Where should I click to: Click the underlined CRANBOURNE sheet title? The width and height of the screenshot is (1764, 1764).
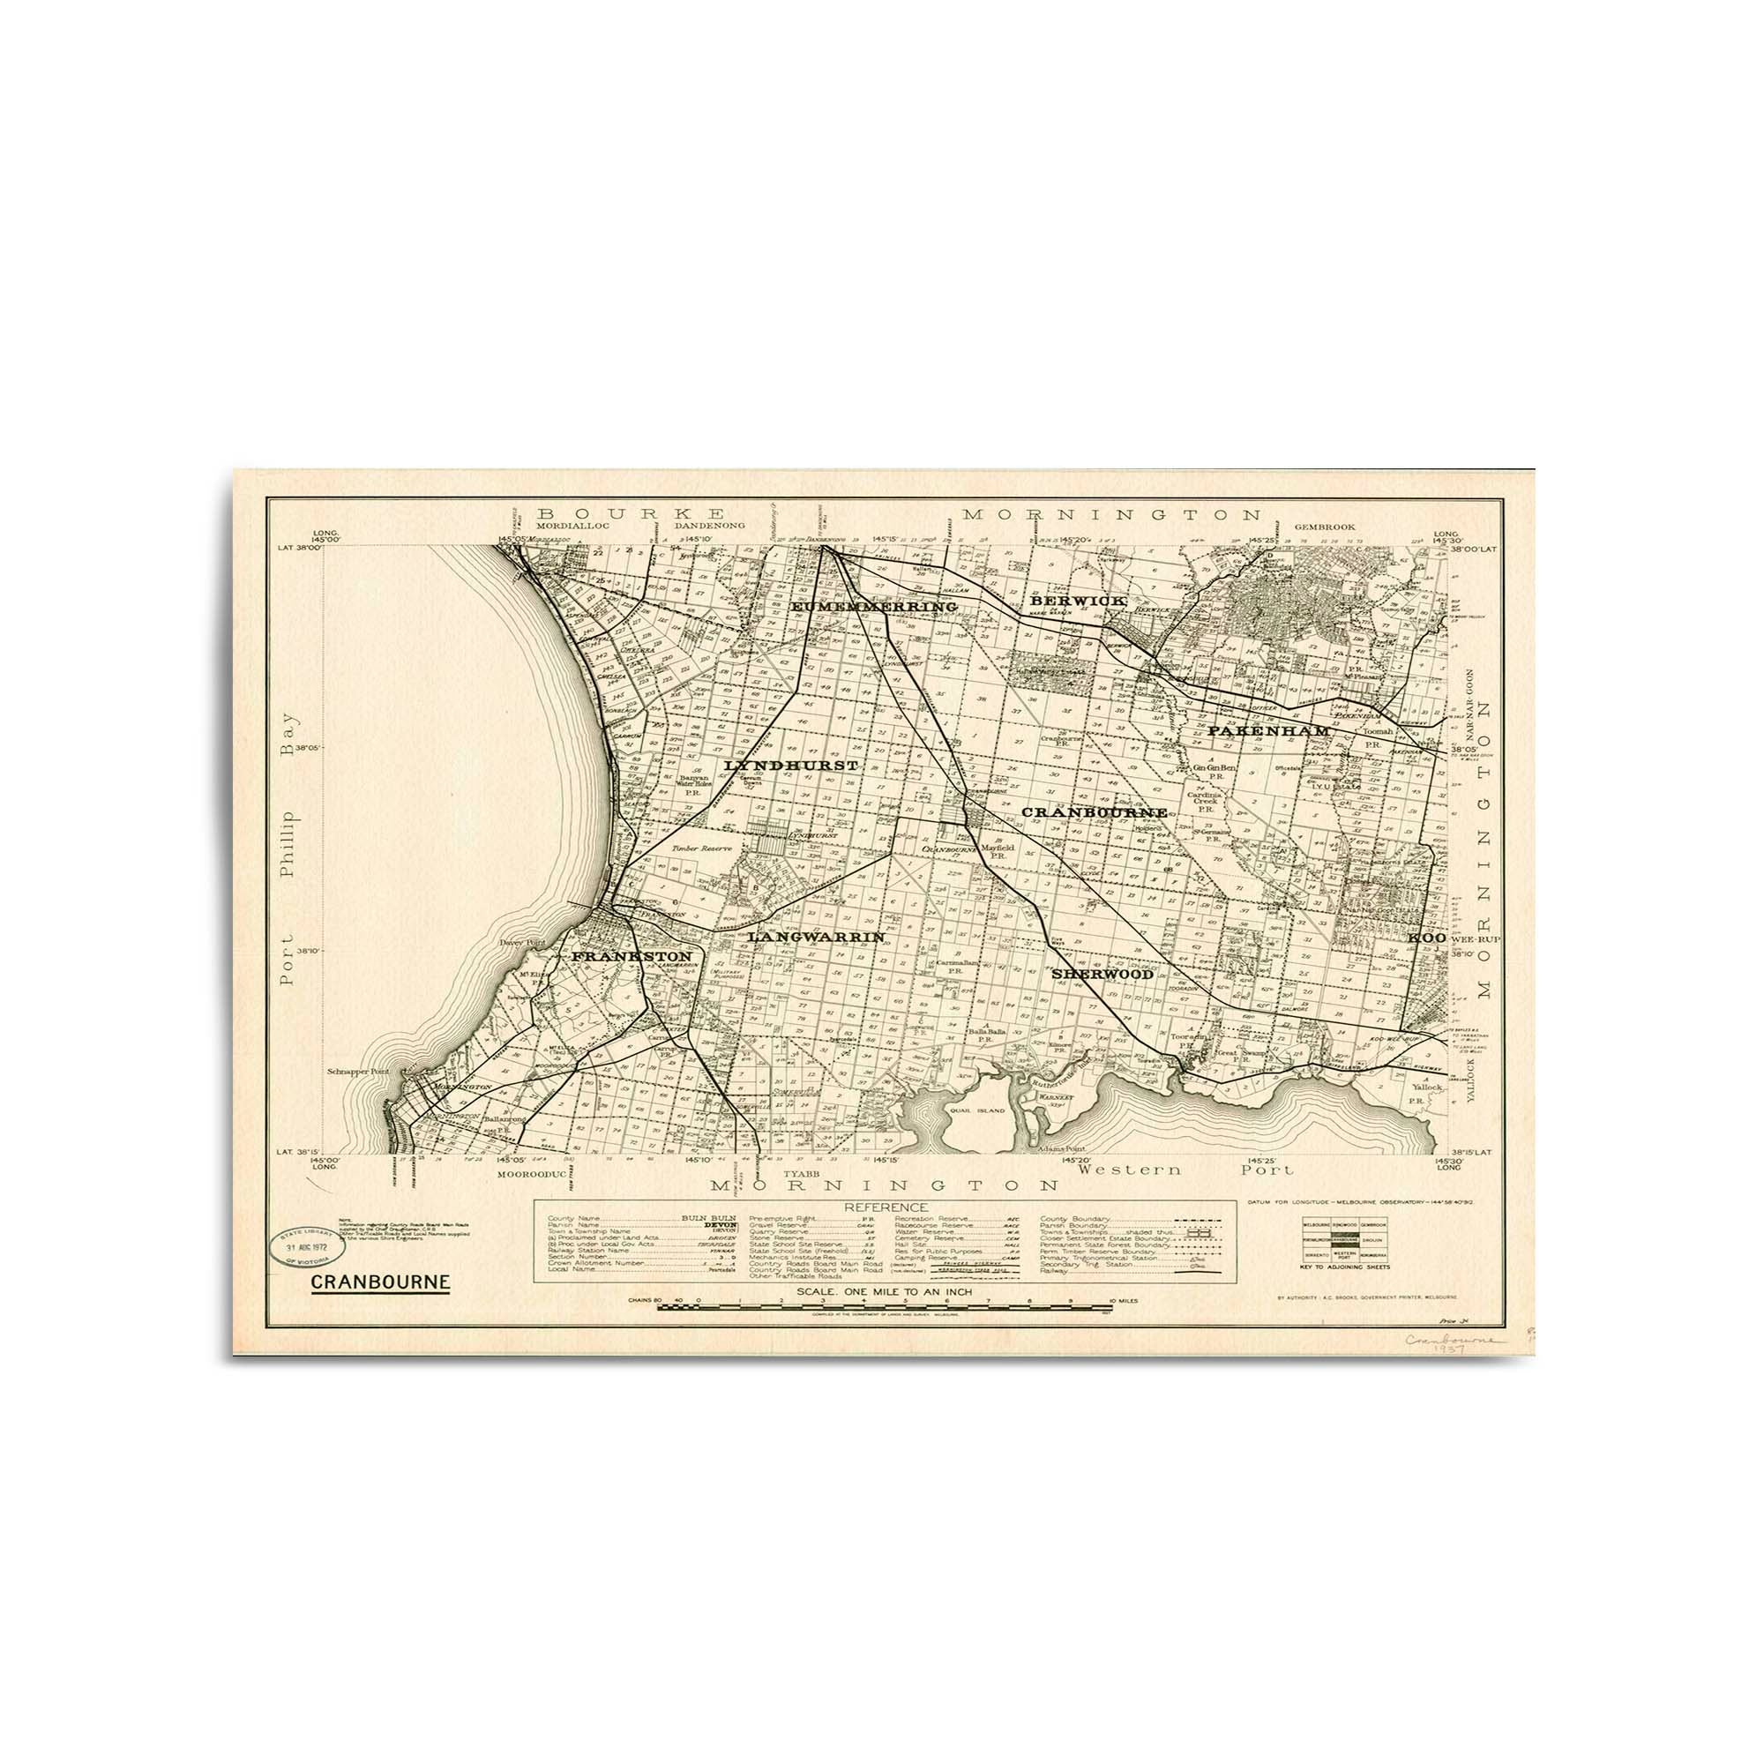pyautogui.click(x=380, y=1282)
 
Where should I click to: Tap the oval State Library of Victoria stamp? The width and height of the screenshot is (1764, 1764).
pyautogui.click(x=306, y=1245)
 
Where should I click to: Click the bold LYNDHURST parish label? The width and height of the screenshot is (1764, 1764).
pyautogui.click(x=790, y=765)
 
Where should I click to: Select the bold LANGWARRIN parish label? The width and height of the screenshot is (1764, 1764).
pyautogui.click(x=815, y=937)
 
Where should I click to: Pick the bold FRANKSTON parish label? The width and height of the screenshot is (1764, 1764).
pyautogui.click(x=631, y=956)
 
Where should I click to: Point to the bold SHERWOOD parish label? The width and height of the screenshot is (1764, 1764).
pyautogui.click(x=1102, y=975)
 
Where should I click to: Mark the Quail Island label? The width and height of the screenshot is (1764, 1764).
pyautogui.click(x=979, y=1111)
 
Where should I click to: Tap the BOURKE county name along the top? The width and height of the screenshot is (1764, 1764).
pyautogui.click(x=631, y=514)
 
